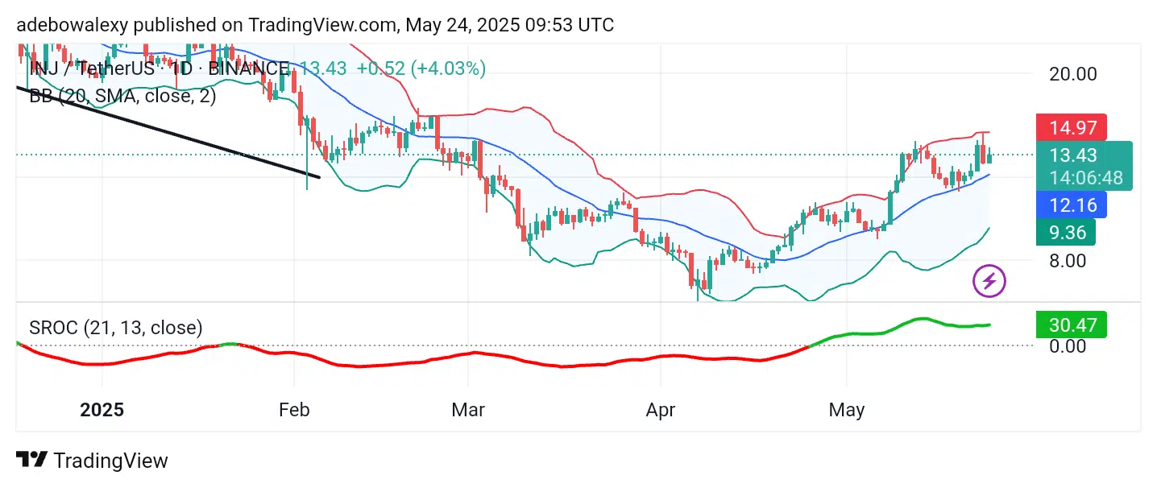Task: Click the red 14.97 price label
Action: (x=1070, y=128)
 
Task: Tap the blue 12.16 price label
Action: (x=1070, y=205)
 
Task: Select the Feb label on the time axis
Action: (x=294, y=410)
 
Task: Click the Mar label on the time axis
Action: (x=468, y=410)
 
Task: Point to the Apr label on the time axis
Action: (x=661, y=410)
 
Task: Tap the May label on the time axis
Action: (x=847, y=410)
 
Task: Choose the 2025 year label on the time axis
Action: (x=102, y=410)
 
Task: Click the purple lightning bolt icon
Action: (x=990, y=281)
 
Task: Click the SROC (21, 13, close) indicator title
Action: (x=116, y=328)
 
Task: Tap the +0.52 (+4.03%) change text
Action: (x=421, y=68)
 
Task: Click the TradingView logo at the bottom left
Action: (x=92, y=461)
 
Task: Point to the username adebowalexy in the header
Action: (x=70, y=26)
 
